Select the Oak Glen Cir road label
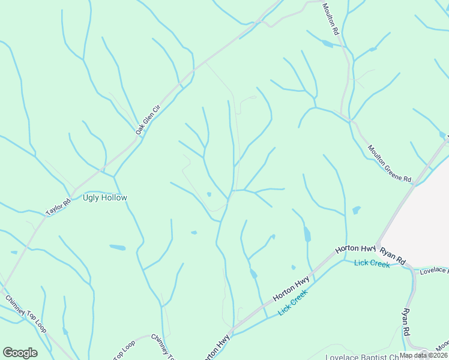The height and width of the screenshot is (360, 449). tap(148, 119)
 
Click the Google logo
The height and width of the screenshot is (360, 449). tap(20, 353)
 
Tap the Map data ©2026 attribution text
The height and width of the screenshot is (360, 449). tap(423, 355)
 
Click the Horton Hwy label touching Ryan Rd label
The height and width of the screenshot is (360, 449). tap(355, 248)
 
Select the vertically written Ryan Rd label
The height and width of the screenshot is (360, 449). tap(406, 322)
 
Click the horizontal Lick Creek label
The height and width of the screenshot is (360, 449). tap(372, 263)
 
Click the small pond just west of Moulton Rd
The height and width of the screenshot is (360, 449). tap(327, 44)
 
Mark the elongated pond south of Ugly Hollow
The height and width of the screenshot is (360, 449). tap(117, 247)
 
